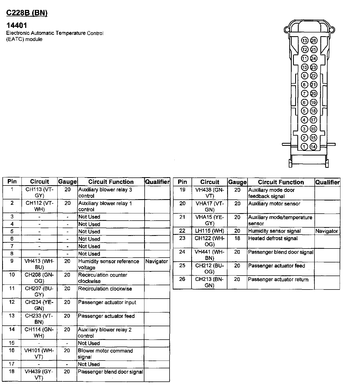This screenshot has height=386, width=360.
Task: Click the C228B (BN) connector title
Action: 27,13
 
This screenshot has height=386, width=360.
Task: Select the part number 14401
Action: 17,25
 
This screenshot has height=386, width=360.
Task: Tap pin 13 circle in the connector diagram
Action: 305,40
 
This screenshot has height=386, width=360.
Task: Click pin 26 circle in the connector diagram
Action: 314,40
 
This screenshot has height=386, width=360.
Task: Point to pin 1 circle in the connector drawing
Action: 304,147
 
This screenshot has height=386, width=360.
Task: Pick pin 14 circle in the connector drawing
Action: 313,147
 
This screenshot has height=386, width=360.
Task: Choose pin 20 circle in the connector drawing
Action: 314,94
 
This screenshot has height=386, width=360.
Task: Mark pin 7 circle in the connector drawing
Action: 305,94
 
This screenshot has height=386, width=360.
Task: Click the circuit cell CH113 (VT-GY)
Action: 39,192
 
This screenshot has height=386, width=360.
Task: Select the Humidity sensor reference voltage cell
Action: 108,264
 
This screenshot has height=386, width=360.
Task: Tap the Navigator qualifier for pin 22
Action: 327,231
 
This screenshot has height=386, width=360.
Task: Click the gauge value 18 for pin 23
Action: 237,238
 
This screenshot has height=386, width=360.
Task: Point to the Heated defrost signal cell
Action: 273,238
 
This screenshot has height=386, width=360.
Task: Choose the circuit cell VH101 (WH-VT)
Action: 39,354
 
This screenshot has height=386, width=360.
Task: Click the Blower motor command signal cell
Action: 105,354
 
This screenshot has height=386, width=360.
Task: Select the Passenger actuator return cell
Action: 278,280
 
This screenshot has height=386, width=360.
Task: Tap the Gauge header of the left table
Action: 67,182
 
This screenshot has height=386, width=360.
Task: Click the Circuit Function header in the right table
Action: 281,182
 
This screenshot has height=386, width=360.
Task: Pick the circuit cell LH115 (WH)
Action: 209,231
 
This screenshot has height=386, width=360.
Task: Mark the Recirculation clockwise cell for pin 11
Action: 105,289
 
